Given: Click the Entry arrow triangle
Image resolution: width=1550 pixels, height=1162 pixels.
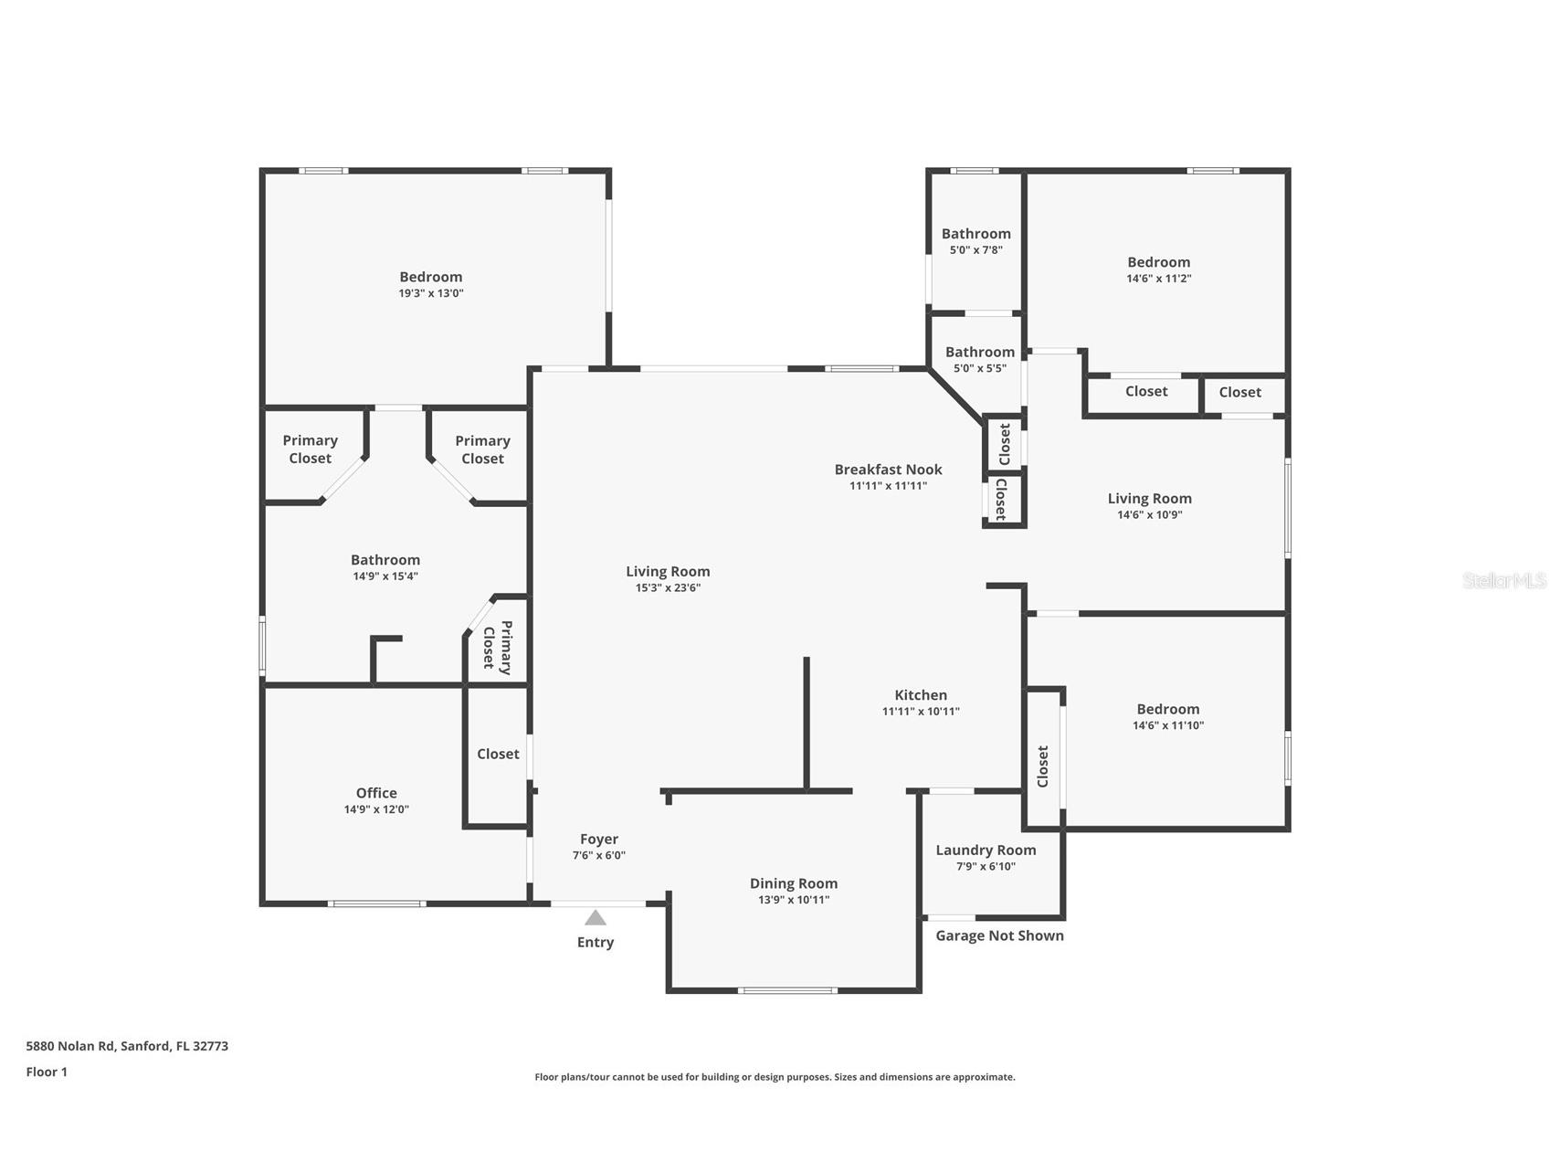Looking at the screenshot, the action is (x=596, y=917).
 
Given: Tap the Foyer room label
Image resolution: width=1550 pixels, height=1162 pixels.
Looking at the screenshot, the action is (x=599, y=839).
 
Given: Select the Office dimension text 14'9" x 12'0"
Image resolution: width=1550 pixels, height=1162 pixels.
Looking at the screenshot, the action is (x=376, y=809).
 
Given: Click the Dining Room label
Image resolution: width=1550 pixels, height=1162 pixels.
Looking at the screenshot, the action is (x=794, y=883).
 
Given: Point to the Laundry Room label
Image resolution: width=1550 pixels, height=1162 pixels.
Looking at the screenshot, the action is (x=986, y=850).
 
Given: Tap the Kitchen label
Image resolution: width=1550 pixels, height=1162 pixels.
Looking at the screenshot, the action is (x=921, y=695).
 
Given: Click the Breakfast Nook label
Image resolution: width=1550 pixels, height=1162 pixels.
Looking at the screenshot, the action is (x=888, y=470).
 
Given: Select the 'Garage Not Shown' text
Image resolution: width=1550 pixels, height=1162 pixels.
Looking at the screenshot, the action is (x=999, y=935).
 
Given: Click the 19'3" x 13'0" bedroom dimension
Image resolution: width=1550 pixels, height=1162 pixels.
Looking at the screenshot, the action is (x=431, y=293).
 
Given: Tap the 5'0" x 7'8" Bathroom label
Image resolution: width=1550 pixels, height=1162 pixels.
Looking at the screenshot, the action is (x=976, y=234).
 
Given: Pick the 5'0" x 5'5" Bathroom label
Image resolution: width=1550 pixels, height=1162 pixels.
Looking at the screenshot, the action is (x=980, y=352).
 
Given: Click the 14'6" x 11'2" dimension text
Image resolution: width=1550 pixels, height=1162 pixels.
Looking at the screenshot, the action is (x=1159, y=279).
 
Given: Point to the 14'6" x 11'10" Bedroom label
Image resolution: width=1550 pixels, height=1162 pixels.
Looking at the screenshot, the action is (x=1168, y=709).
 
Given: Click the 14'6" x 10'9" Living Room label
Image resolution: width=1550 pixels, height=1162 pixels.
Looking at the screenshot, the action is (x=1150, y=499).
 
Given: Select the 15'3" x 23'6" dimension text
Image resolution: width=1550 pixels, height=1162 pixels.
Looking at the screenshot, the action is (x=668, y=588).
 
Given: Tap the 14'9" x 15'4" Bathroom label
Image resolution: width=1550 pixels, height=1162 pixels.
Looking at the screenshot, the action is (x=385, y=560).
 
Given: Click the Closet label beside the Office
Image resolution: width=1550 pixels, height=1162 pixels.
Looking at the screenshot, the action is (x=498, y=754).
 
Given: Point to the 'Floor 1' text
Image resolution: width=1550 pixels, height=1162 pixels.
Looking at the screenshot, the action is (x=47, y=1072).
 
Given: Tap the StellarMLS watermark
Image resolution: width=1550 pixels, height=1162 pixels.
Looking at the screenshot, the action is (x=1504, y=580).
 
